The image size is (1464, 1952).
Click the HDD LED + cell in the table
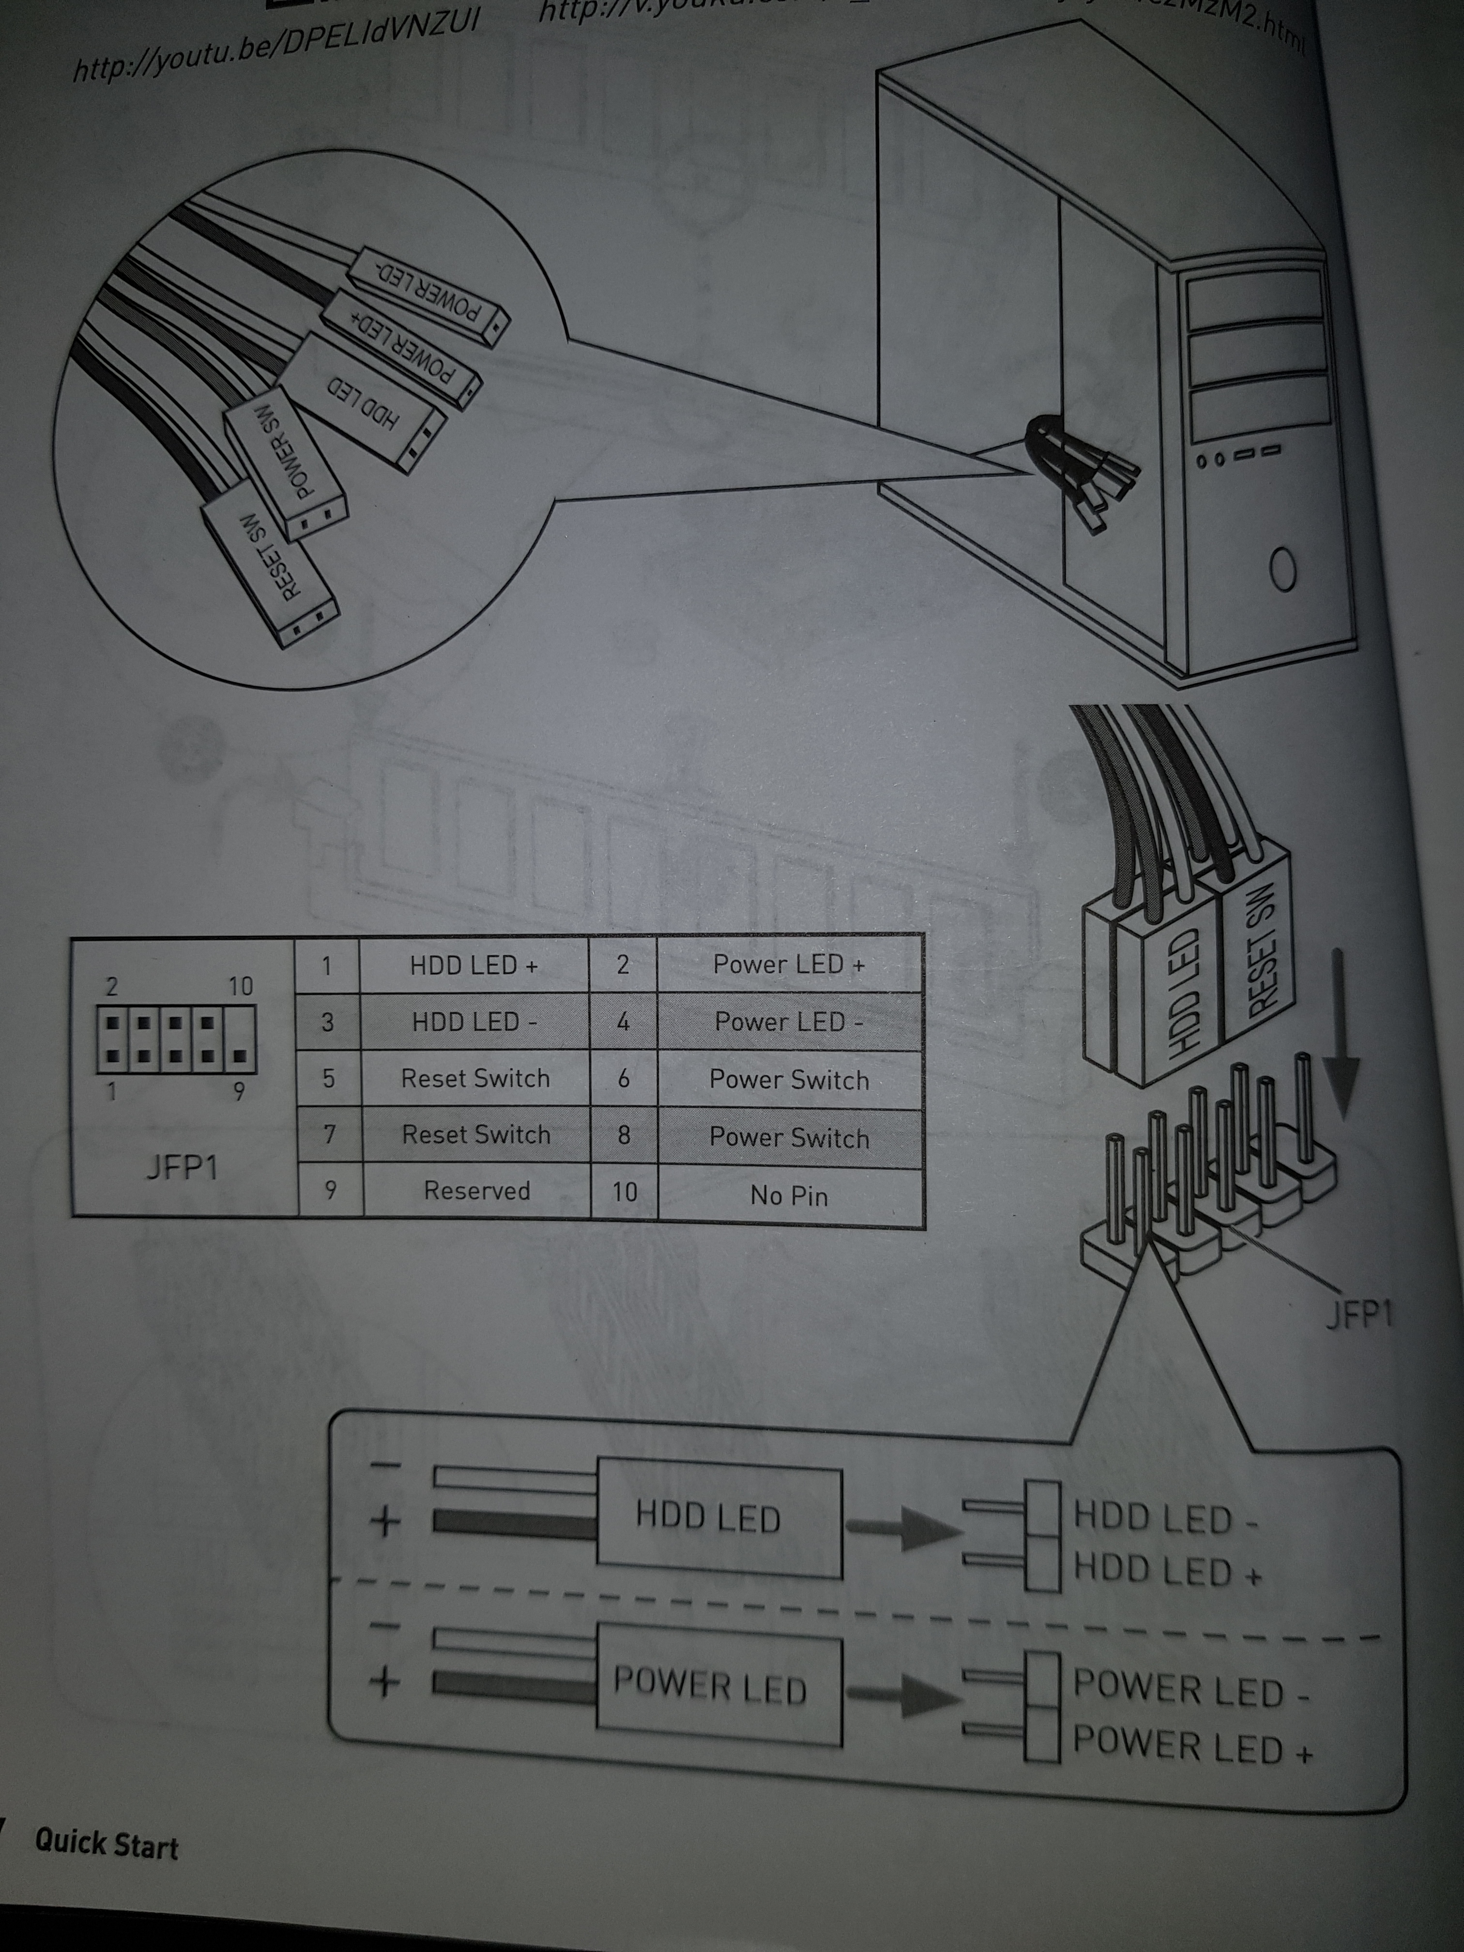474,965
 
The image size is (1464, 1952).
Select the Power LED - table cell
789,1022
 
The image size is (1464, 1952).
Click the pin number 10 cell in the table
624,1192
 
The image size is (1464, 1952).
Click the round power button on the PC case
1282,571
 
